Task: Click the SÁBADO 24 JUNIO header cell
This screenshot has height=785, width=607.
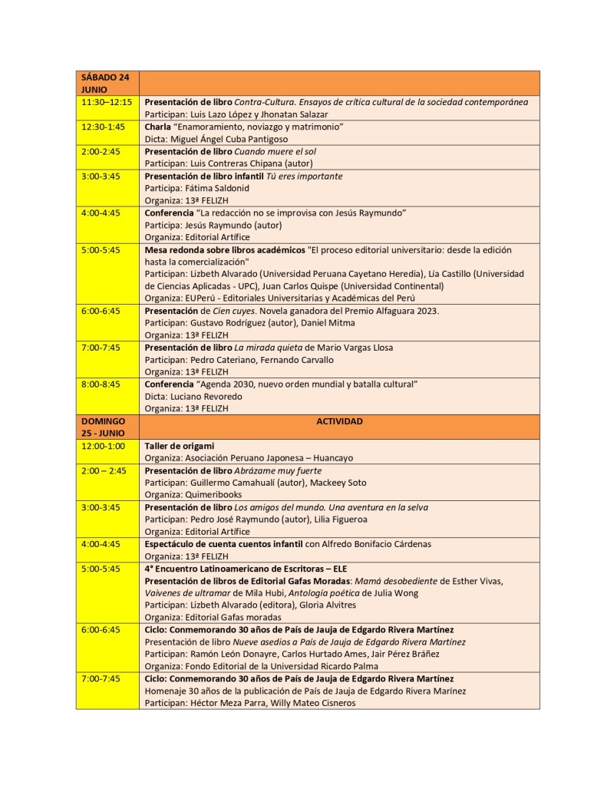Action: coord(107,83)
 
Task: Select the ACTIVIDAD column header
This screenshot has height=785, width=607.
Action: coord(338,421)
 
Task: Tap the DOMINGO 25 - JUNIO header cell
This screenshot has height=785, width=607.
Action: coord(107,427)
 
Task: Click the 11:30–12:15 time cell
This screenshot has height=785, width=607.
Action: coord(107,102)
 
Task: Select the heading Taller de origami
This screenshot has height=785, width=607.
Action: coord(179,446)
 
